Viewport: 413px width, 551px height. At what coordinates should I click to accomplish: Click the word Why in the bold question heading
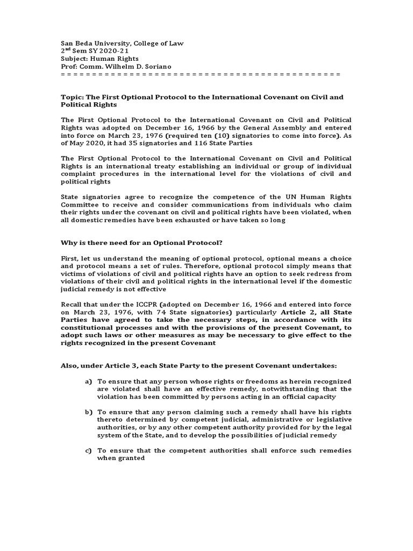coord(68,243)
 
